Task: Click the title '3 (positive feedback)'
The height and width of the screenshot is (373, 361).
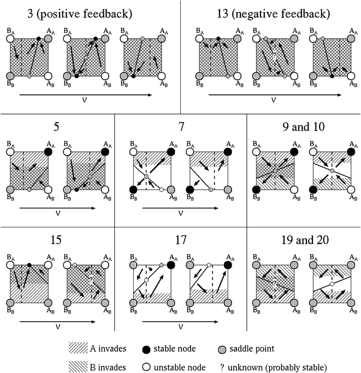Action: (x=80, y=14)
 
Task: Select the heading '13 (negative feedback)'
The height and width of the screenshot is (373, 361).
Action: (x=273, y=14)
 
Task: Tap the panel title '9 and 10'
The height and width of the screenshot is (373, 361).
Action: (x=303, y=127)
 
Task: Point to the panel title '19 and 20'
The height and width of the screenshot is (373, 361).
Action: (x=305, y=240)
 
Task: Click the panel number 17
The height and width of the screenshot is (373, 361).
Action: (x=181, y=240)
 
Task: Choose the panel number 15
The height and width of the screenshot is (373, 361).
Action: (x=56, y=240)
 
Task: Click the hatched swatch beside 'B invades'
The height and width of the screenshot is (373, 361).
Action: (x=78, y=366)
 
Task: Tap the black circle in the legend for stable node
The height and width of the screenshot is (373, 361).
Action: (x=146, y=350)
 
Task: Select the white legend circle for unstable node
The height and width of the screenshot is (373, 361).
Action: (x=146, y=367)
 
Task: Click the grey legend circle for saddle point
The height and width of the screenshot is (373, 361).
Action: (x=222, y=350)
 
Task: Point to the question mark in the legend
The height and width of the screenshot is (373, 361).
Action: (x=222, y=368)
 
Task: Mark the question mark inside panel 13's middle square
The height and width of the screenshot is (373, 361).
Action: (x=275, y=56)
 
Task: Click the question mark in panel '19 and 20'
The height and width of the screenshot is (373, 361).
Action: (x=275, y=284)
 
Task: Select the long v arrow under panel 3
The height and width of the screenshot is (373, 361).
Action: (x=86, y=95)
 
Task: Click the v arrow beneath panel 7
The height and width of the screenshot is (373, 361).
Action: (x=180, y=208)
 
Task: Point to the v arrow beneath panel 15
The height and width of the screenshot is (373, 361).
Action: (x=57, y=322)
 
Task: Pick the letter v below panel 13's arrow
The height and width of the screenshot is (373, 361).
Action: (x=273, y=100)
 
